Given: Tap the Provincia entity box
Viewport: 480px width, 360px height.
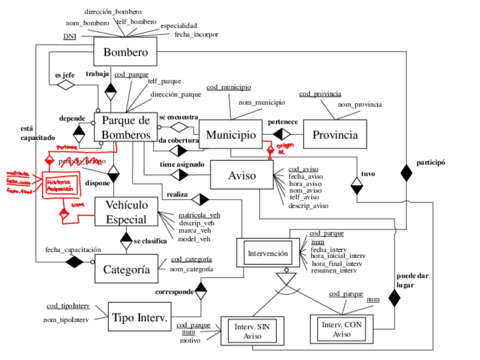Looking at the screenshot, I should (335, 135).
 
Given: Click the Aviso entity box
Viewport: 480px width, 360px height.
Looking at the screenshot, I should (242, 175).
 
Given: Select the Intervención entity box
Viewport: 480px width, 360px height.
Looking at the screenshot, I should (268, 253).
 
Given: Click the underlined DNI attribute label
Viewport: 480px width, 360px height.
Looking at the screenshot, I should (70, 37).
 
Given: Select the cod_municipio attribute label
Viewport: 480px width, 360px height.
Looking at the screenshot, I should (229, 87).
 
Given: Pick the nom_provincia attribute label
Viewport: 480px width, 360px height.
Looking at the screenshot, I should (359, 104).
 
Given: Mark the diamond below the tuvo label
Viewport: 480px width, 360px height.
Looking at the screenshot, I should (356, 186).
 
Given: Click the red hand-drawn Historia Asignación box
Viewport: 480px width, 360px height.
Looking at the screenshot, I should (59, 184).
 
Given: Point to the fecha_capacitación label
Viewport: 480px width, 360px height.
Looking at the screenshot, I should (73, 249).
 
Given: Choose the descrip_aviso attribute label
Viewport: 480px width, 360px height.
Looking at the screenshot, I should (308, 205).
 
